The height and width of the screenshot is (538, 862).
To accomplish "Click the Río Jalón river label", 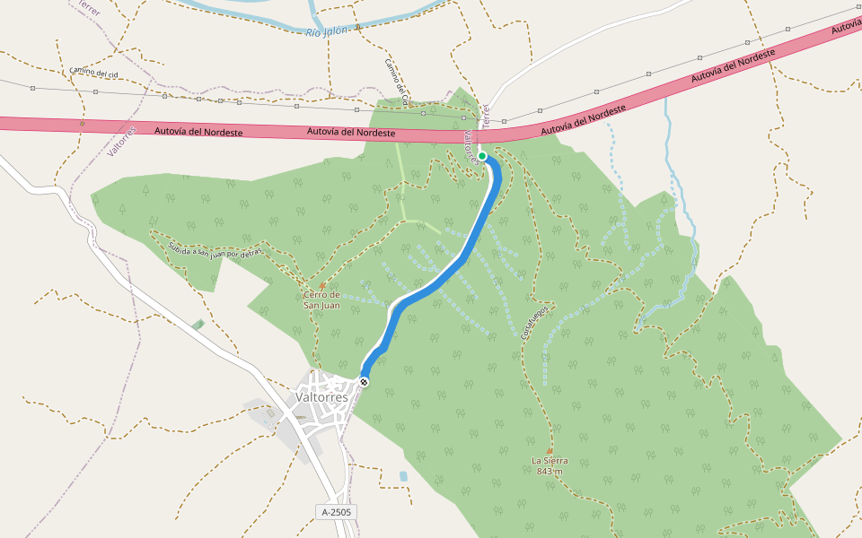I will (331, 32).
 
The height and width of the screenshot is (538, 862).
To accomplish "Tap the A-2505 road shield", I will (339, 512).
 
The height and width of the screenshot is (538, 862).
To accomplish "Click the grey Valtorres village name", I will (321, 397).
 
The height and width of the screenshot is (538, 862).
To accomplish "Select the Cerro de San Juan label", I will (321, 300).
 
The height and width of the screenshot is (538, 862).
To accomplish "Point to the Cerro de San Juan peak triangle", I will (322, 285).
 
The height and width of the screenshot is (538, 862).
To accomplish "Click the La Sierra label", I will (550, 461).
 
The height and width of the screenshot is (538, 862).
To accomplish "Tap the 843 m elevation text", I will (550, 472).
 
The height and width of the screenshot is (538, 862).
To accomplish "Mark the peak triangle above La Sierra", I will (550, 450).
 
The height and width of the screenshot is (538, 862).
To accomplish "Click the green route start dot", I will (482, 156).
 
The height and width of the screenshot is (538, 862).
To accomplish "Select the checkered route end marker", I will (364, 383).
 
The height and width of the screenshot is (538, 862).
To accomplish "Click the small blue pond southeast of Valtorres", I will (403, 475).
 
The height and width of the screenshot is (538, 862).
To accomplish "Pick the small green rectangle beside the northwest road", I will (198, 324).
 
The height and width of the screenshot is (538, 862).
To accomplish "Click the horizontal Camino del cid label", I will (93, 72).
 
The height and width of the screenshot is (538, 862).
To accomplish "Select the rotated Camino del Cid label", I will (397, 82).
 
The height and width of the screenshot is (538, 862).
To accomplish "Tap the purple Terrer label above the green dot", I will (485, 116).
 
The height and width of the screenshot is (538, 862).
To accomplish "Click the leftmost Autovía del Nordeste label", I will (198, 131).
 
